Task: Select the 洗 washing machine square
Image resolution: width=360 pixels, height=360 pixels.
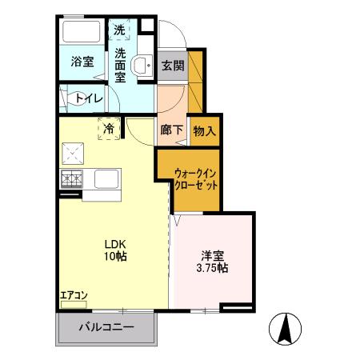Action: point(120,30)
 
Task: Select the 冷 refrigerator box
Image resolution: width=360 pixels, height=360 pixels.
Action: point(106,127)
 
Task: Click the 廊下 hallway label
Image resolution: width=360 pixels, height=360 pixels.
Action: point(170,130)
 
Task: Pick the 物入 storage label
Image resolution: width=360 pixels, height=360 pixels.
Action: point(204,130)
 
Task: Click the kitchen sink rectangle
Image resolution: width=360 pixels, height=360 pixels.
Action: point(106,179)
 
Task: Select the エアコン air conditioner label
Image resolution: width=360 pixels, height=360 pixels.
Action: point(72,294)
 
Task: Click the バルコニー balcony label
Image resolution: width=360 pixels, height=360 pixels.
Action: point(106,327)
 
